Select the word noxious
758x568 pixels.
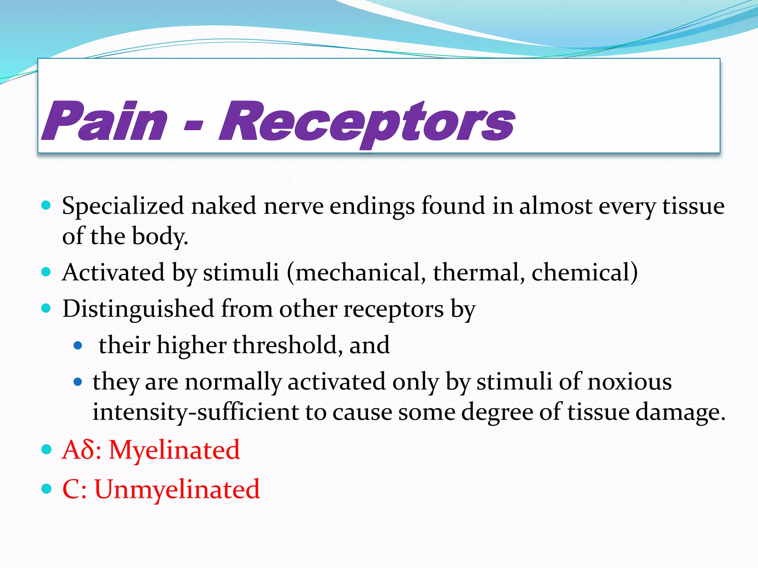point(630,382)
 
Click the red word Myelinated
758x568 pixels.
point(174,450)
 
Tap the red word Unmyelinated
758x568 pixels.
point(177,490)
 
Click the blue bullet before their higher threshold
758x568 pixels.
point(78,346)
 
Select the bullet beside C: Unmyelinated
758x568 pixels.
point(46,489)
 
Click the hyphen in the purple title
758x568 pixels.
point(193,126)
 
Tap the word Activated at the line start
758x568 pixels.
point(113,273)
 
